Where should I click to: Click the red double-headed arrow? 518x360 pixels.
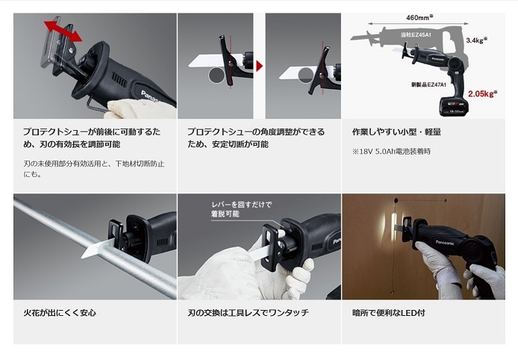coord(63,31)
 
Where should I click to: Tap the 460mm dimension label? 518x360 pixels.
coord(419,17)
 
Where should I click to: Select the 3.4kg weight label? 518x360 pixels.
coord(477,40)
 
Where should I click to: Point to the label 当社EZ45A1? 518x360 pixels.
coord(416,34)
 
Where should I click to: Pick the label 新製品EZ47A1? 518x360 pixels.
coord(428,84)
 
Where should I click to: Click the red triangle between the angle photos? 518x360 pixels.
coord(259,66)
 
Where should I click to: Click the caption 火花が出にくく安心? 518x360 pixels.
coord(60,313)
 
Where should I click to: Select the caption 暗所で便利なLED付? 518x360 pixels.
coord(388,313)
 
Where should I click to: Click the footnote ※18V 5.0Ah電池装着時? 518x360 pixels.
coord(391,152)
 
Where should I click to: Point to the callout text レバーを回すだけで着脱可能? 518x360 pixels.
coord(242,209)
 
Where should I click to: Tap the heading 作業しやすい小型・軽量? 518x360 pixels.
coord(397,132)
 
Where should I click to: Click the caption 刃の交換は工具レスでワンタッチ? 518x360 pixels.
coord(248,313)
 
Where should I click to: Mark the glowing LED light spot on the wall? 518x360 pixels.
coord(394,229)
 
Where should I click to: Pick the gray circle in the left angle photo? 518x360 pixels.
coord(216,75)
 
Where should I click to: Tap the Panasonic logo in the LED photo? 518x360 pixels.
coord(445,242)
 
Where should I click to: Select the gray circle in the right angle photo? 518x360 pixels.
coord(305,75)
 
